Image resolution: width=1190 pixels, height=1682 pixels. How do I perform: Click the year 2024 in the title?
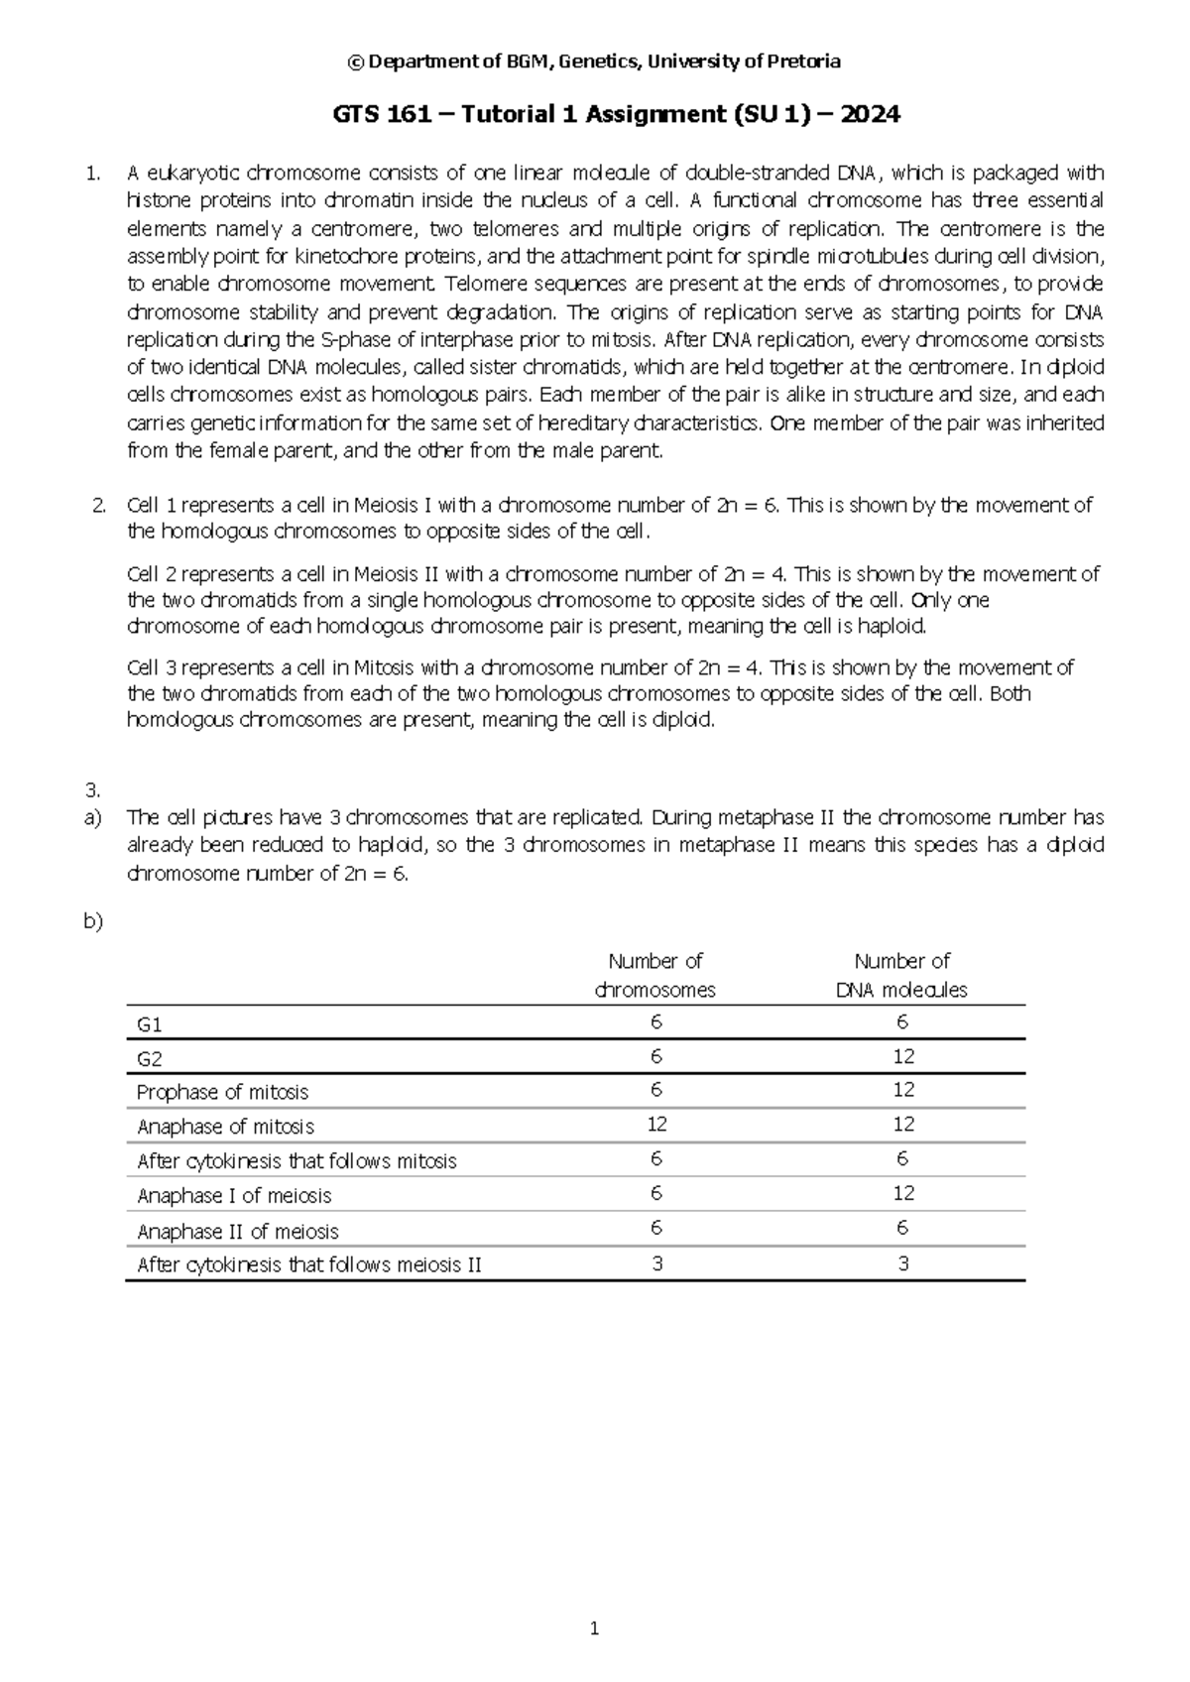point(871,115)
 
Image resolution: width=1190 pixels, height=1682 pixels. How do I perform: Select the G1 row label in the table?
point(149,1023)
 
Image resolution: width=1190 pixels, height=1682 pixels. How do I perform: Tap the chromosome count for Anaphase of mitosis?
point(656,1125)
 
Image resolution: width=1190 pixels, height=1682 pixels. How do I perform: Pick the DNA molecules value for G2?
point(902,1057)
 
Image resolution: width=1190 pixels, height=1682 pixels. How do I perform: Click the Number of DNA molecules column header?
point(902,975)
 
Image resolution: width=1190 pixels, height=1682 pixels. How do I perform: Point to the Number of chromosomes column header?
point(655,975)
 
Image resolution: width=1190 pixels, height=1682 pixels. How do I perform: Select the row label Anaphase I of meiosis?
point(234,1196)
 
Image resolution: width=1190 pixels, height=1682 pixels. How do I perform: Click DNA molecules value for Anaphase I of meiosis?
point(902,1194)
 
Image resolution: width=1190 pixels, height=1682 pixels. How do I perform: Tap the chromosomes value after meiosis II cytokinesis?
point(656,1264)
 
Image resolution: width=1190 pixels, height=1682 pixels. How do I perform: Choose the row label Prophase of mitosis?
point(222,1092)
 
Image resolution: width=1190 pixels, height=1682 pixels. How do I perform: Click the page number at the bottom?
point(594,1627)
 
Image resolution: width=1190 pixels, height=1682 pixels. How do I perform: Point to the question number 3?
point(93,790)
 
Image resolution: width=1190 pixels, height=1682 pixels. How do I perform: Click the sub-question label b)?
point(93,921)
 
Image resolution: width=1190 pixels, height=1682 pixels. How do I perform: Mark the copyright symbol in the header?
point(355,61)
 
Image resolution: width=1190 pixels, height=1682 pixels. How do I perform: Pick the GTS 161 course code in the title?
point(381,115)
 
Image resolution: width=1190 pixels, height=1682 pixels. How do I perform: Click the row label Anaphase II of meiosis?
point(237,1231)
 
